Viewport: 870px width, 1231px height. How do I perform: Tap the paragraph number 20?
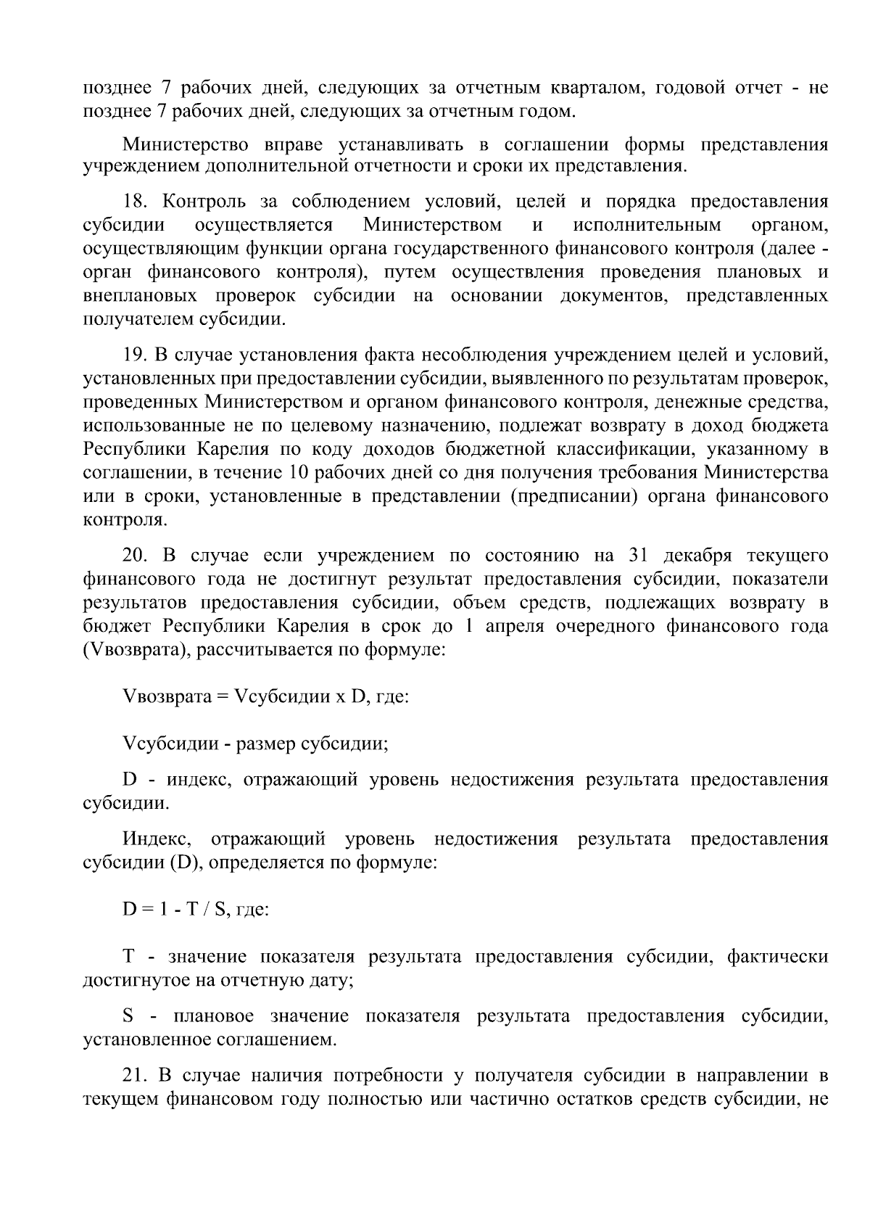pos(136,556)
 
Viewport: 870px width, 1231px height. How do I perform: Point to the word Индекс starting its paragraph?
pos(156,840)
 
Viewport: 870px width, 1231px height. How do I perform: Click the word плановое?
pos(213,1016)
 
